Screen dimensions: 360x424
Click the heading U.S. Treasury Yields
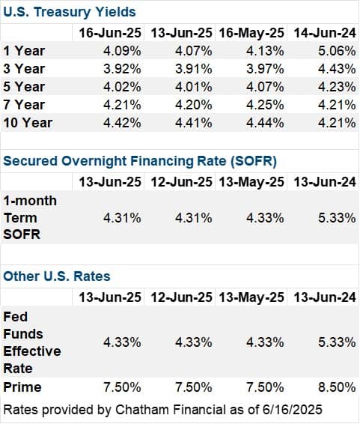pyautogui.click(x=70, y=12)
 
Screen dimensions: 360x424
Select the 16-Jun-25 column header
pyautogui.click(x=110, y=33)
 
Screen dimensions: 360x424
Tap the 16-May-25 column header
pyautogui.click(x=251, y=33)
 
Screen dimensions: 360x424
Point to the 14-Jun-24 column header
pyautogui.click(x=325, y=33)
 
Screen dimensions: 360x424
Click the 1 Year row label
pyautogui.click(x=24, y=51)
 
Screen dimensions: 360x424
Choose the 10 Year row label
pyautogui.click(x=28, y=123)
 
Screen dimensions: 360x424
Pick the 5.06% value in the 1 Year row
pyautogui.click(x=337, y=51)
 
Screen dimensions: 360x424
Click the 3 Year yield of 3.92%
pyautogui.click(x=122, y=69)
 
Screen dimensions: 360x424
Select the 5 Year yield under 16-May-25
pyautogui.click(x=265, y=87)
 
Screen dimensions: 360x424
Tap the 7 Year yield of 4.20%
pyautogui.click(x=194, y=105)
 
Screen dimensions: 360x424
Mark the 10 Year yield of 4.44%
pyautogui.click(x=265, y=123)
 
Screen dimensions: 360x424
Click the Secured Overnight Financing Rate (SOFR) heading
pyautogui.click(x=140, y=161)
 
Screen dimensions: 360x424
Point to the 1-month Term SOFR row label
pyautogui.click(x=30, y=217)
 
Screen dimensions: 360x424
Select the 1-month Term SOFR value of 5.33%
pyautogui.click(x=337, y=218)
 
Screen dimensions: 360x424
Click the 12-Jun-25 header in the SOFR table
pyautogui.click(x=181, y=182)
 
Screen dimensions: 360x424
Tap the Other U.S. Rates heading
pyautogui.click(x=57, y=276)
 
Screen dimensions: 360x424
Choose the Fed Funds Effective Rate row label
pyautogui.click(x=32, y=342)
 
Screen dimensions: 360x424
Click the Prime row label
pyautogui.click(x=22, y=387)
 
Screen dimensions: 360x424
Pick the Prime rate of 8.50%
pyautogui.click(x=337, y=387)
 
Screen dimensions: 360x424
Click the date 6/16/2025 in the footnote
pyautogui.click(x=292, y=410)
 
